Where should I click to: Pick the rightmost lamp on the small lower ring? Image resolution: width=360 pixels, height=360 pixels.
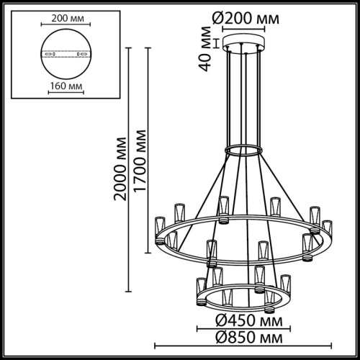pos(284,283)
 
